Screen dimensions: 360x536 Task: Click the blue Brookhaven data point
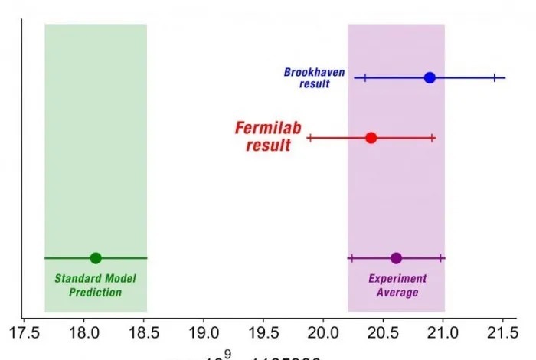(x=430, y=77)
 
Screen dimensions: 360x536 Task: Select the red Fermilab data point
(x=371, y=138)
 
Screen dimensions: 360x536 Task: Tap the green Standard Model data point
(x=96, y=258)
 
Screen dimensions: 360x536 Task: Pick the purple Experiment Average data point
(x=396, y=258)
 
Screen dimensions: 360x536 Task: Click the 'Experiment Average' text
(x=397, y=286)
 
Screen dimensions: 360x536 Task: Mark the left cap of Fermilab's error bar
(x=309, y=138)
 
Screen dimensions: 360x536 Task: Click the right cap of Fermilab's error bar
(x=433, y=138)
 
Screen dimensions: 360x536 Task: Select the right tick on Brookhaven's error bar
(x=495, y=77)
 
